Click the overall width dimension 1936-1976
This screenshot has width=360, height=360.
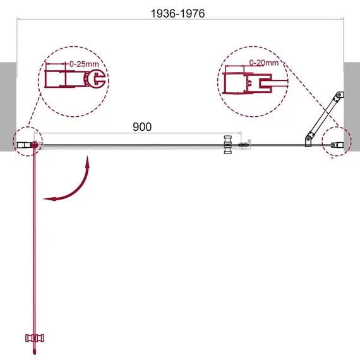[x=179, y=13]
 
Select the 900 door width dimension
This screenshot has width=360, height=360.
[x=141, y=126]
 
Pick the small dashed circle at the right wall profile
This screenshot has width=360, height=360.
[x=335, y=145]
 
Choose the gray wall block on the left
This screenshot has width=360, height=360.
[x=7, y=107]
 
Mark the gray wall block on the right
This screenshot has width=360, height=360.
[x=351, y=107]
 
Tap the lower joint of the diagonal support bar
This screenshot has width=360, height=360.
[x=308, y=139]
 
